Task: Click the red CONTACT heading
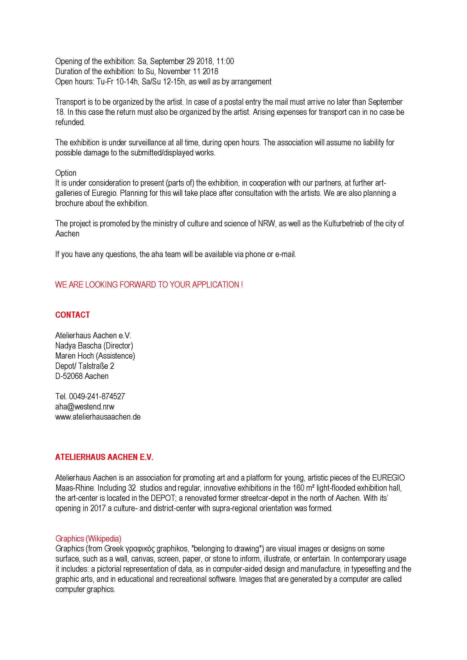73,315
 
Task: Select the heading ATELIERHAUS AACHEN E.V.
104,457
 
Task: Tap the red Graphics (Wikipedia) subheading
88,538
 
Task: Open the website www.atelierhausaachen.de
98,417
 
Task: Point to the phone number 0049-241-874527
97,396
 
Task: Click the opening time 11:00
225,61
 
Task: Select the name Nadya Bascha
78,346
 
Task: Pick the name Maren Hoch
75,356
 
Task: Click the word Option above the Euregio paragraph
66,173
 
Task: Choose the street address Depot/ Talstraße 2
85,366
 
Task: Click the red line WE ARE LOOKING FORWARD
149,285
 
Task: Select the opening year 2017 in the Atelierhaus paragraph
98,508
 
